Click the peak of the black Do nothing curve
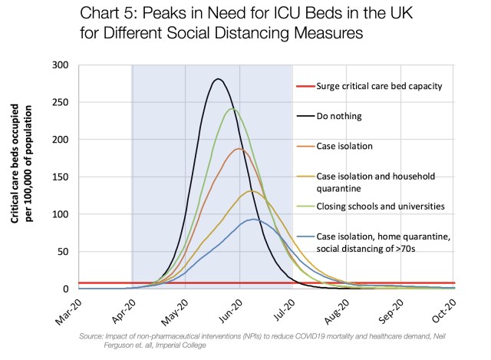tap(219, 79)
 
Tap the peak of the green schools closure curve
tap(232, 109)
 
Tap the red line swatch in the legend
tap(305, 86)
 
